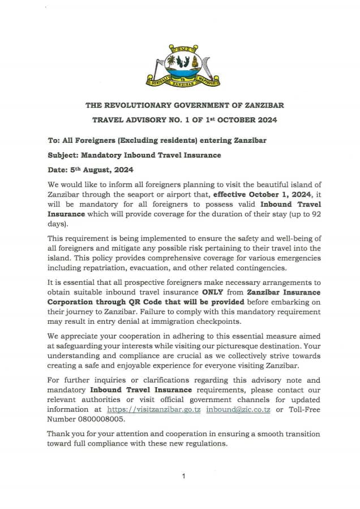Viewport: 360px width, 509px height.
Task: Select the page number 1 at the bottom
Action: tap(183, 477)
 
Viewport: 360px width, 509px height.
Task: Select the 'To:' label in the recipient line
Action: tap(54, 140)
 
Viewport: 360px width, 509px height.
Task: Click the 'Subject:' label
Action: tap(63, 155)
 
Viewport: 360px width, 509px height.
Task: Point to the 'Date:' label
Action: tap(59, 169)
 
